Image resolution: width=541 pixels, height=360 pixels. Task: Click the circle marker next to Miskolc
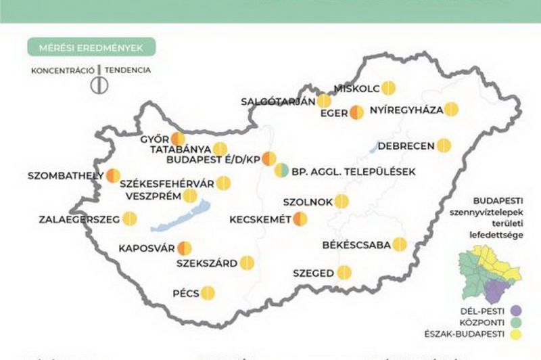point(388,87)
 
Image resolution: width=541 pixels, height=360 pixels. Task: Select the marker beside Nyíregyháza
point(451,109)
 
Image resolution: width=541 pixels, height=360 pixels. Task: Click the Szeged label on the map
point(314,273)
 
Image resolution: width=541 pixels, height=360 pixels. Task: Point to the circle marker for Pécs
point(208,293)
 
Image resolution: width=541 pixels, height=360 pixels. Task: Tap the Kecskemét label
point(260,219)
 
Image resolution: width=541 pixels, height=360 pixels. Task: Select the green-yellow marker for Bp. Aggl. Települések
point(281,171)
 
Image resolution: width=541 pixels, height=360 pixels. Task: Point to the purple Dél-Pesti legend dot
point(517,311)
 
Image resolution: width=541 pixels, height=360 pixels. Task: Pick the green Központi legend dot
point(517,323)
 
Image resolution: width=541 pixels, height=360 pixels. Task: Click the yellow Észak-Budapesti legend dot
point(517,335)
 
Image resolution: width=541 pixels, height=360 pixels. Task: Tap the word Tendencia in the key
point(128,70)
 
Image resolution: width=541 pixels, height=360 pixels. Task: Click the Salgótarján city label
point(278,102)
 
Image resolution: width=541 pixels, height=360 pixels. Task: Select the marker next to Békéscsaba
point(400,244)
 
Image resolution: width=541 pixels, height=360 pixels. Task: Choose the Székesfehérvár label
point(166,183)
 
